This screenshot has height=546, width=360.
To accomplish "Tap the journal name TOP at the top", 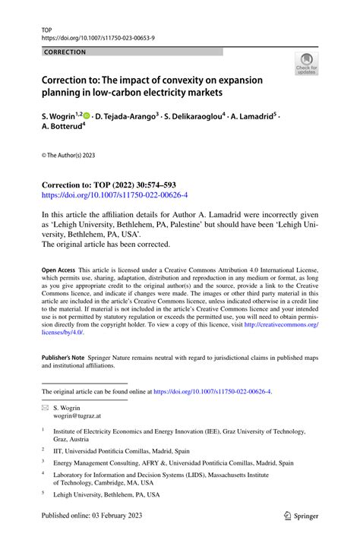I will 47,27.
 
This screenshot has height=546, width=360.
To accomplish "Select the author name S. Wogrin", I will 60,117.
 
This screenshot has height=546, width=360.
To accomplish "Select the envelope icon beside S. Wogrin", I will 45,408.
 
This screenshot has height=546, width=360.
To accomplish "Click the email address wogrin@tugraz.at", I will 74,417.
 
